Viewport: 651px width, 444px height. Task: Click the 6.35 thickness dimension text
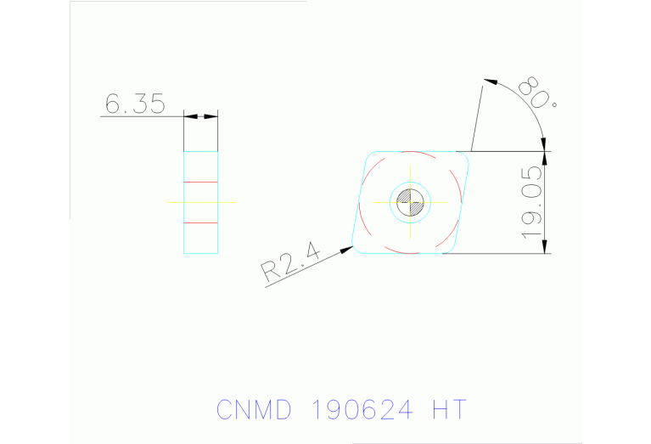coord(133,104)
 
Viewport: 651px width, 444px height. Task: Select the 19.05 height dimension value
coord(532,202)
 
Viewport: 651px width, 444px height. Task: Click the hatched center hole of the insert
coord(410,202)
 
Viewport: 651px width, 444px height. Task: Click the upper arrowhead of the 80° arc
coord(489,82)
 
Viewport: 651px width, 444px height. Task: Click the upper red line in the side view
coord(201,183)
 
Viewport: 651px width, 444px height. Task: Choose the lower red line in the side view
coord(201,222)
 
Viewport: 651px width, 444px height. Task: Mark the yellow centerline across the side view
coord(201,202)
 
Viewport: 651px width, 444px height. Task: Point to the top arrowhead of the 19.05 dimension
coord(544,157)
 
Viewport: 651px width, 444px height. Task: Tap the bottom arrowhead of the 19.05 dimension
coord(544,247)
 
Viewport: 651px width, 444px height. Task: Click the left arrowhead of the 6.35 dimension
coord(189,116)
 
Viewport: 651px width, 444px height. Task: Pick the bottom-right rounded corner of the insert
coord(448,249)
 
